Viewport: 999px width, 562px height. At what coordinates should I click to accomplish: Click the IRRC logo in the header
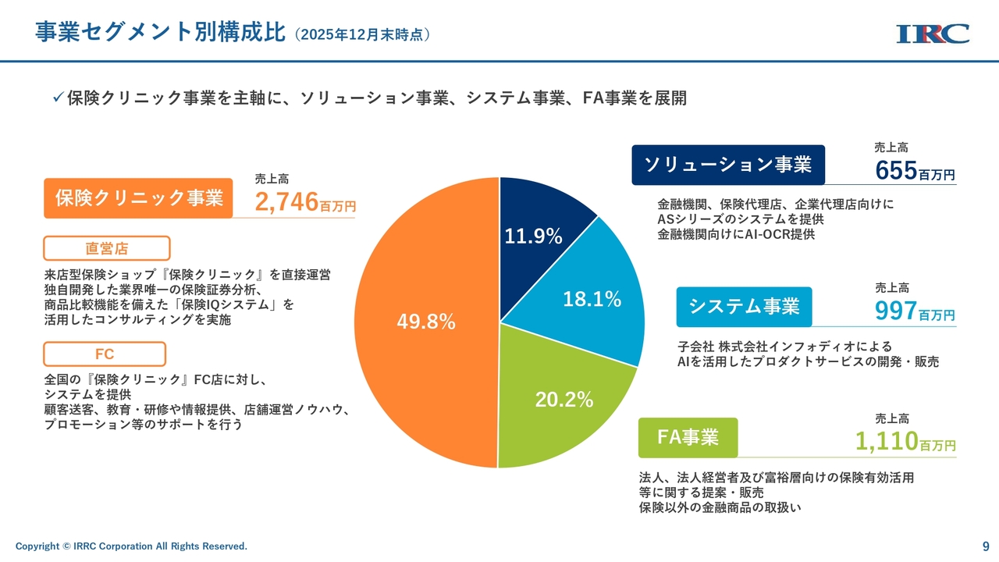click(933, 34)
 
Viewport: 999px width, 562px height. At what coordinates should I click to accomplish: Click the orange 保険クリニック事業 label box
click(139, 197)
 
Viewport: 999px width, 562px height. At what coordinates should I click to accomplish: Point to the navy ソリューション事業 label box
click(727, 165)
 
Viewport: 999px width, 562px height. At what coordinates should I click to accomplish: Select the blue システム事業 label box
click(744, 307)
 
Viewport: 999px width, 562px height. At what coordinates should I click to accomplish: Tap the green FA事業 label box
click(688, 437)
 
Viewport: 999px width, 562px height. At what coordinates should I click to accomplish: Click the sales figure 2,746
click(286, 201)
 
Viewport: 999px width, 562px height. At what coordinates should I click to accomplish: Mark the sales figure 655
click(896, 170)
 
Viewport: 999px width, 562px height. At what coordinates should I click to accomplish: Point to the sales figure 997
click(896, 311)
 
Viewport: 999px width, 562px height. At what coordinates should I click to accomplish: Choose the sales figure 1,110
click(887, 442)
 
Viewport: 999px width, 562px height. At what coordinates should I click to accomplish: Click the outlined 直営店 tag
click(106, 248)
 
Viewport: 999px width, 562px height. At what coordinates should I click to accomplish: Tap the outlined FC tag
click(105, 354)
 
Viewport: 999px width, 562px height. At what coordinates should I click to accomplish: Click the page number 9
click(986, 546)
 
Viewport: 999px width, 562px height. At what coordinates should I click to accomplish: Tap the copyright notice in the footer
click(131, 546)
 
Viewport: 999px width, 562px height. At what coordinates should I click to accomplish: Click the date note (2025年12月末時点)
click(363, 34)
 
